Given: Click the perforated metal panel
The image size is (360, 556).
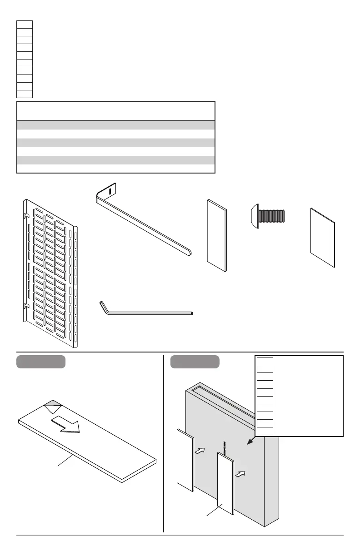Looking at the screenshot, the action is [x=50, y=273].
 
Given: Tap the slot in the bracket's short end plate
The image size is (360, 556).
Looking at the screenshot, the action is [x=110, y=190].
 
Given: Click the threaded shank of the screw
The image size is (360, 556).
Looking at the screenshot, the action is [x=272, y=215].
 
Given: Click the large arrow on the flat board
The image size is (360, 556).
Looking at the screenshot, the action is [x=66, y=423].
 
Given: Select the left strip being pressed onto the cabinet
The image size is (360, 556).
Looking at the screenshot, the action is [x=185, y=460].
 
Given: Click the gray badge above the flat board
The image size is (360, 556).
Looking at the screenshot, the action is [x=41, y=362].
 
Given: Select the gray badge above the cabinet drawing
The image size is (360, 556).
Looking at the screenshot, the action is [x=195, y=362].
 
